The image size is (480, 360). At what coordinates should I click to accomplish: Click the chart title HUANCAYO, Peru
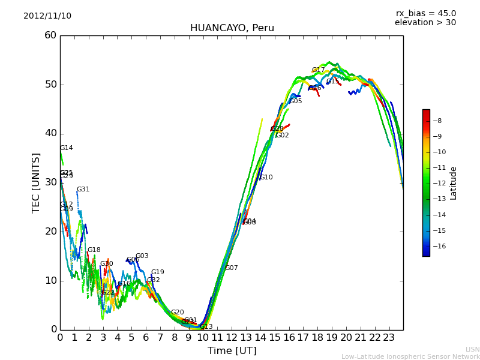232,28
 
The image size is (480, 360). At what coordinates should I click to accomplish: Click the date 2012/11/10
47,16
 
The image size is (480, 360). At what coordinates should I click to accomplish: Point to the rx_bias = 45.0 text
425,13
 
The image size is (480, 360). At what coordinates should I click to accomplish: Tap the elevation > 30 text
425,23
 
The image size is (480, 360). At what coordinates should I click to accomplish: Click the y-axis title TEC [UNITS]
36,182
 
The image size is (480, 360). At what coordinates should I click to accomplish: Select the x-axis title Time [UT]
232,350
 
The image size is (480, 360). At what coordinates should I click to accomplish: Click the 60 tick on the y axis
50,35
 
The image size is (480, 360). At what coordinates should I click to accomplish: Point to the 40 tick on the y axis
50,133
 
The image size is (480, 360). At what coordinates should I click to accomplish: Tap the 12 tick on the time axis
232,337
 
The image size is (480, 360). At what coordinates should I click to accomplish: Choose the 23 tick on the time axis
389,337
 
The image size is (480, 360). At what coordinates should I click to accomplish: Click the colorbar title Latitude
454,183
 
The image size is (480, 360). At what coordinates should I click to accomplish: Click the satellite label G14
66,148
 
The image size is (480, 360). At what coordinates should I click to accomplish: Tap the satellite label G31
83,190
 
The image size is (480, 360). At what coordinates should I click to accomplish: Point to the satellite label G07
231,268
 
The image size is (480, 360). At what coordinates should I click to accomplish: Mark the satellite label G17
318,70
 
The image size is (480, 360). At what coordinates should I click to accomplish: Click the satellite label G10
266,178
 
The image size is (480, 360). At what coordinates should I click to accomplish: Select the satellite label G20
177,313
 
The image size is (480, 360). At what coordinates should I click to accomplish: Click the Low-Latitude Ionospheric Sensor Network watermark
410,356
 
